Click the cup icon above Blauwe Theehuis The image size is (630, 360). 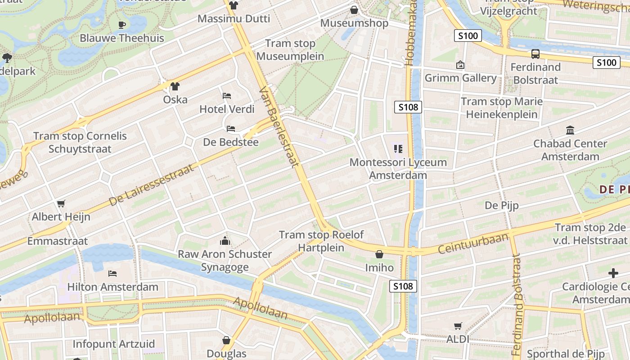click(121, 25)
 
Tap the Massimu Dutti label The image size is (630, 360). click(234, 19)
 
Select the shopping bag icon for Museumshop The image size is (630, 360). click(354, 9)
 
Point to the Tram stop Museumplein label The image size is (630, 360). click(290, 50)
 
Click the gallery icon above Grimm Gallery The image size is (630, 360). click(460, 65)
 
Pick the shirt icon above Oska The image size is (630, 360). click(175, 86)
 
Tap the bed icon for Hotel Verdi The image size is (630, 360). click(227, 96)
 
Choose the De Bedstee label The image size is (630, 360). click(231, 142)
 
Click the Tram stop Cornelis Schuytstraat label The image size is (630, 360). click(80, 142)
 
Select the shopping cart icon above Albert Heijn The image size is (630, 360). click(61, 203)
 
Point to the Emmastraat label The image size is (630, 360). click(58, 241)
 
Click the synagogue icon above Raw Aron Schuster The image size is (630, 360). click(225, 241)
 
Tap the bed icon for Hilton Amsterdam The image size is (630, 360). click(112, 273)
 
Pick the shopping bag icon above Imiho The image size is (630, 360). click(379, 254)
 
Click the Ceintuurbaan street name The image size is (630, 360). click(473, 243)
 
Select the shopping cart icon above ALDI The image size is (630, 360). click(458, 326)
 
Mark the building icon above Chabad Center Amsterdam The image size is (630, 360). click(570, 130)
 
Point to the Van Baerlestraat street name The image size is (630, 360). click(279, 127)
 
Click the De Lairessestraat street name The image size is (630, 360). click(151, 185)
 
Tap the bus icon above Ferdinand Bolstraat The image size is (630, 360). click(535, 54)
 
